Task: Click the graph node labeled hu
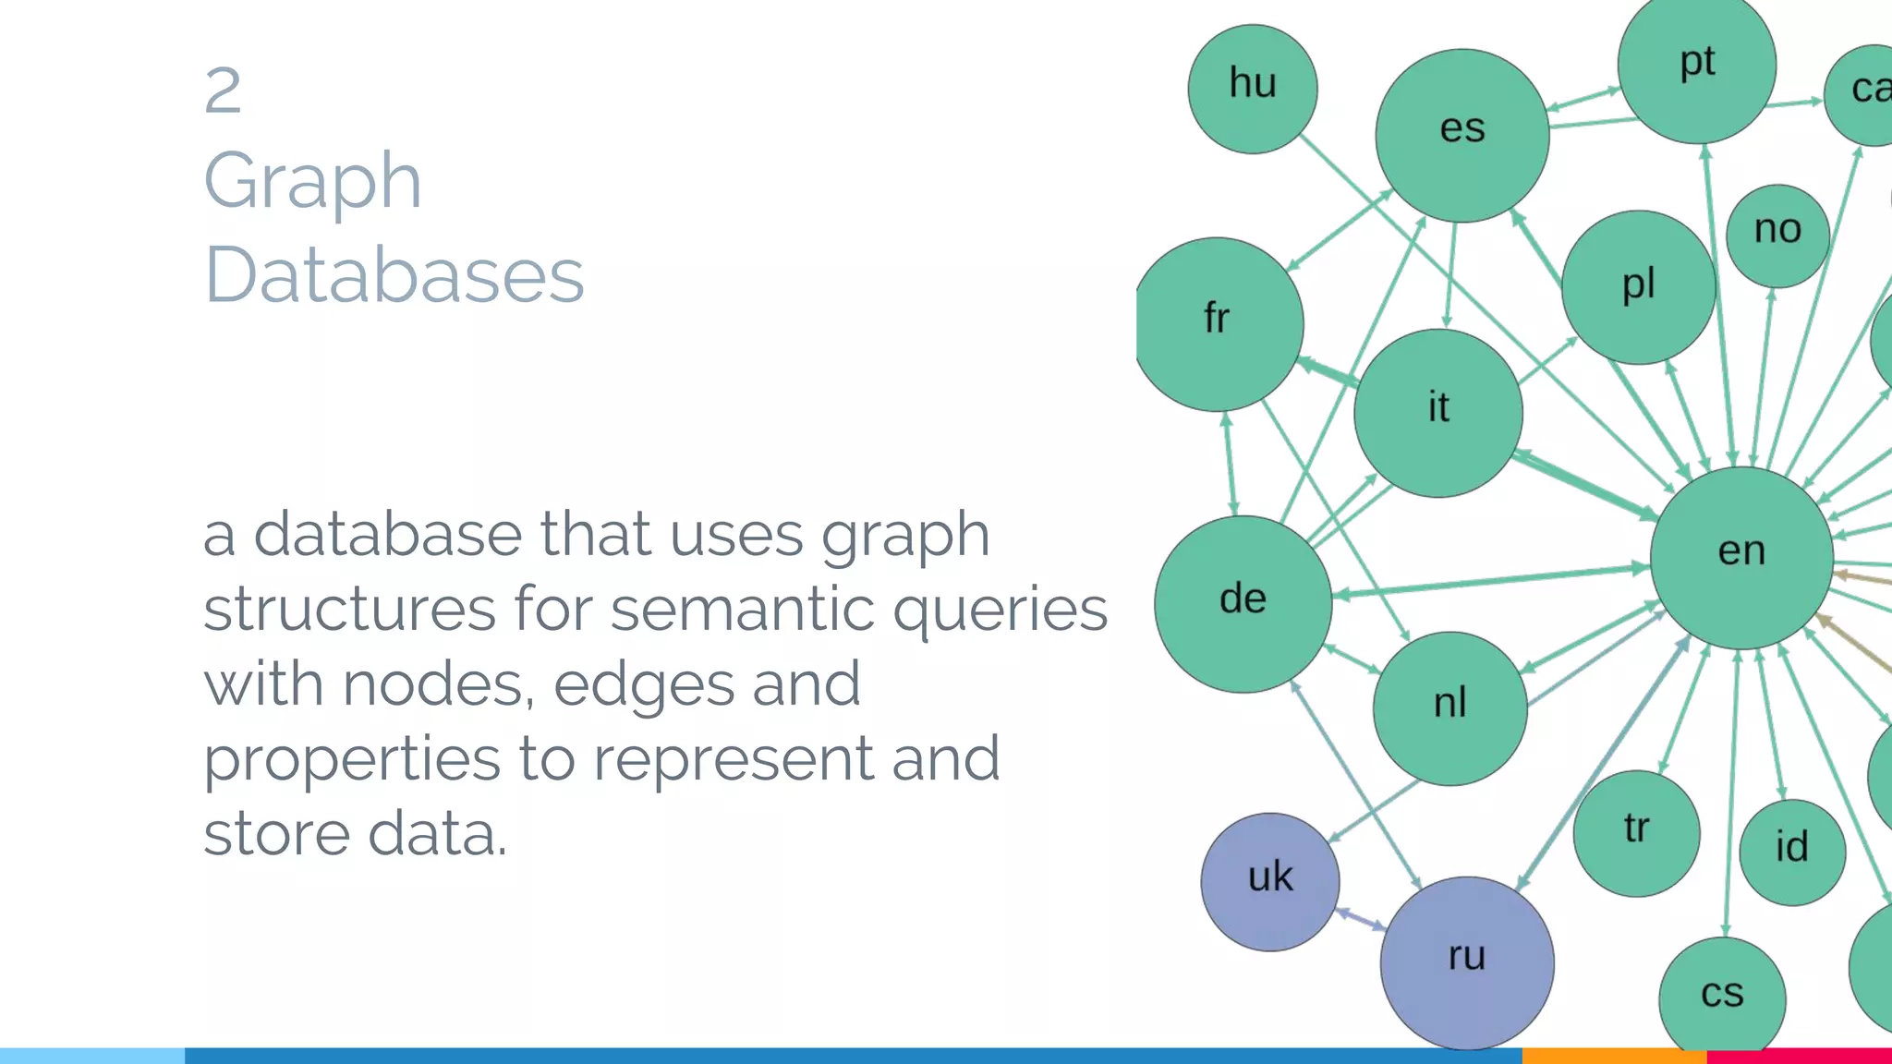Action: click(1253, 89)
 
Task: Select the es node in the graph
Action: click(1462, 135)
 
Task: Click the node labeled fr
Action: click(1218, 323)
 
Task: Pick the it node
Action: click(1438, 412)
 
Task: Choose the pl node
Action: click(1639, 287)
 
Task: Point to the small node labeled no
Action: click(1777, 235)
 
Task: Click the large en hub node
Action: click(1741, 557)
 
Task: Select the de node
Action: click(1243, 603)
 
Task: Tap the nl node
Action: click(1450, 707)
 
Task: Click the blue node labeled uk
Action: click(1270, 881)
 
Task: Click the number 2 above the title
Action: click(223, 91)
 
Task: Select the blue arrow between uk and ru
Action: click(1361, 919)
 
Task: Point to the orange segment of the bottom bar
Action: click(1614, 1056)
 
